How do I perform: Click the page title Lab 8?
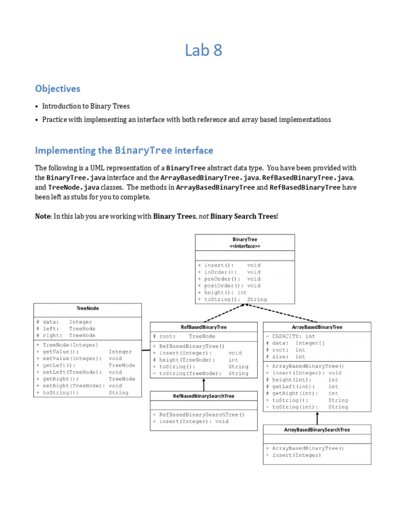point(204,51)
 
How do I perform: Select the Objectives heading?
point(58,88)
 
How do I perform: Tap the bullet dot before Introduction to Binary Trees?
point(36,106)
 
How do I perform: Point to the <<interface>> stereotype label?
point(245,246)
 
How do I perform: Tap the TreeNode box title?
point(87,308)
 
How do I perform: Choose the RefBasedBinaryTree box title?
point(203,327)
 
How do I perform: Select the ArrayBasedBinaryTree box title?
point(317,327)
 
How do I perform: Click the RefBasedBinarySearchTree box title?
point(203,396)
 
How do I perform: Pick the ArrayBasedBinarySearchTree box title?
point(317,430)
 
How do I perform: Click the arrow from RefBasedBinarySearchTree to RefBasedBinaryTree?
point(203,384)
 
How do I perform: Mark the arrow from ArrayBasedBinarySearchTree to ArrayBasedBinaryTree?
point(317,418)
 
